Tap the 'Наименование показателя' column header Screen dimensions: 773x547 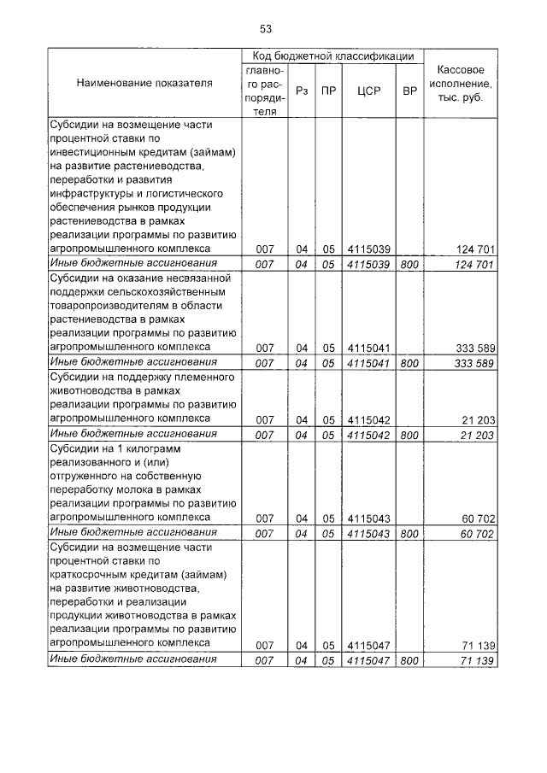coord(144,83)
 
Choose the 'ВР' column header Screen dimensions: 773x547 coord(409,90)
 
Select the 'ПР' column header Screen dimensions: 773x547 coord(328,90)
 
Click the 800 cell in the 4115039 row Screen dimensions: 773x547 coord(409,264)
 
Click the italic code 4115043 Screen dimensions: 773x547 coord(368,533)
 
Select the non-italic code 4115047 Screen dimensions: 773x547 coord(368,645)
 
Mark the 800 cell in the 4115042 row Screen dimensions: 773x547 coord(409,434)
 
